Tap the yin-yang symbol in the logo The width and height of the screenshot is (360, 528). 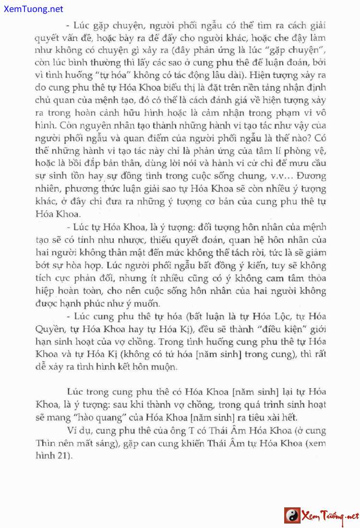292,516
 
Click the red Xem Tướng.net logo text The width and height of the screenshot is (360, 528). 329,516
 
